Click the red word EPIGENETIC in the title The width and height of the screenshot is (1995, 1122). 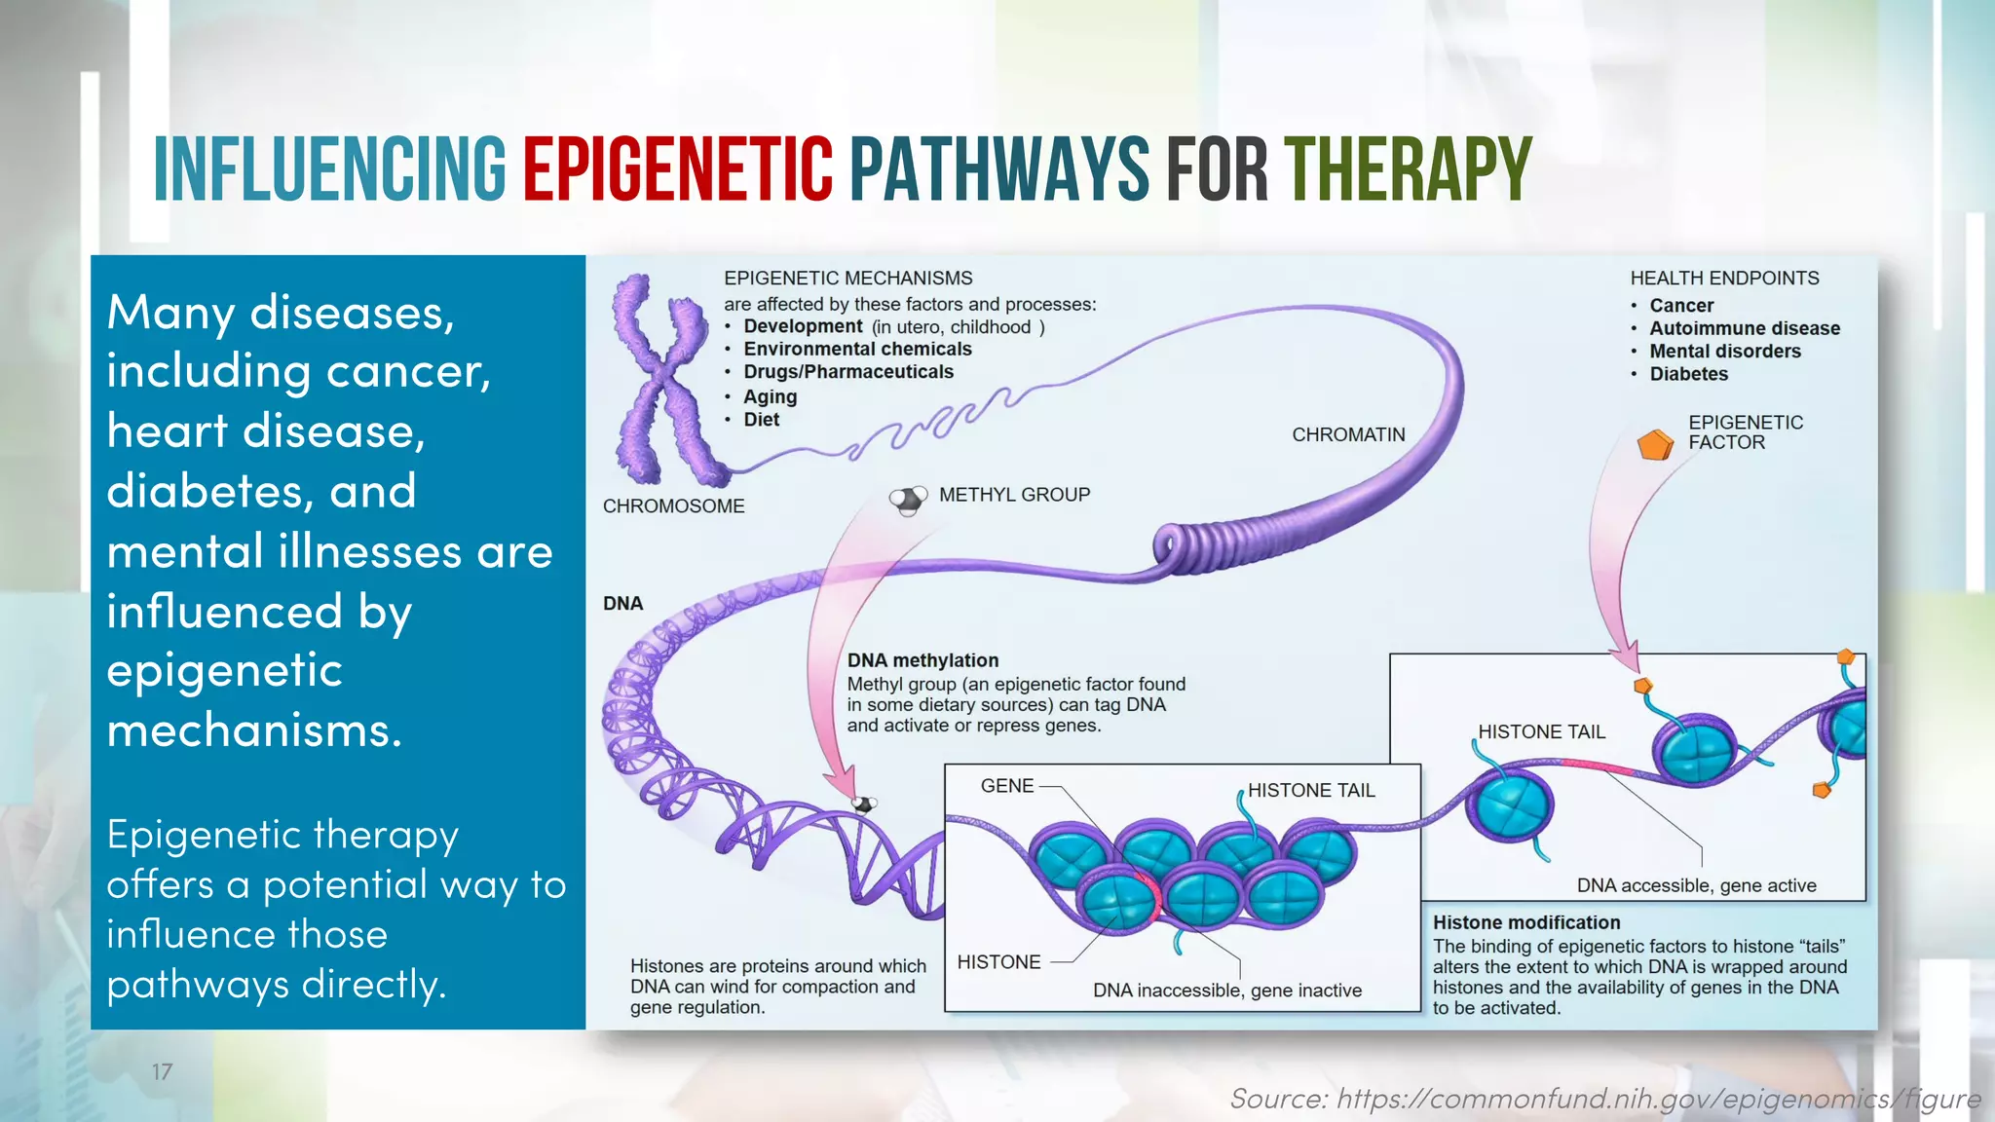(677, 169)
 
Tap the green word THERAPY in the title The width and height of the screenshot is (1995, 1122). (1408, 169)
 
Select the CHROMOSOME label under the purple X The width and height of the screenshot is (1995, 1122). (673, 506)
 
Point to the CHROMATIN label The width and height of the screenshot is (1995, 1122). (1348, 435)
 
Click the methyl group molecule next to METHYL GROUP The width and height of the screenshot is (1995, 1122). (908, 500)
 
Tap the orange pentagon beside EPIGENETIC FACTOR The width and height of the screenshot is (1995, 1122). (1655, 445)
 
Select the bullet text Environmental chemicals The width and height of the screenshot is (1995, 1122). (857, 350)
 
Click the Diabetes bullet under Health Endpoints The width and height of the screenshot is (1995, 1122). (1688, 375)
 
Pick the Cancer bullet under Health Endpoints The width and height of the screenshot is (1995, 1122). (1681, 306)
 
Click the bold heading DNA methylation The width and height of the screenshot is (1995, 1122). (922, 660)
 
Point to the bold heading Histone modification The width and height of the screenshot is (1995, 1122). (1526, 922)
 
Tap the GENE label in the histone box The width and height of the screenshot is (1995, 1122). (1007, 786)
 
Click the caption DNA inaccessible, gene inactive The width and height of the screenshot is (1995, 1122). (1227, 991)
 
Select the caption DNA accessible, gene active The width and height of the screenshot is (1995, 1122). (1696, 885)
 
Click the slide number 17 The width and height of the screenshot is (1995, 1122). (163, 1072)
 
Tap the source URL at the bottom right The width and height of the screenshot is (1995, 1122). (1604, 1099)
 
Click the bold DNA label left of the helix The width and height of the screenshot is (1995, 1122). (622, 604)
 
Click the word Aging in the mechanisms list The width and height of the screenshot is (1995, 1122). (770, 397)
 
